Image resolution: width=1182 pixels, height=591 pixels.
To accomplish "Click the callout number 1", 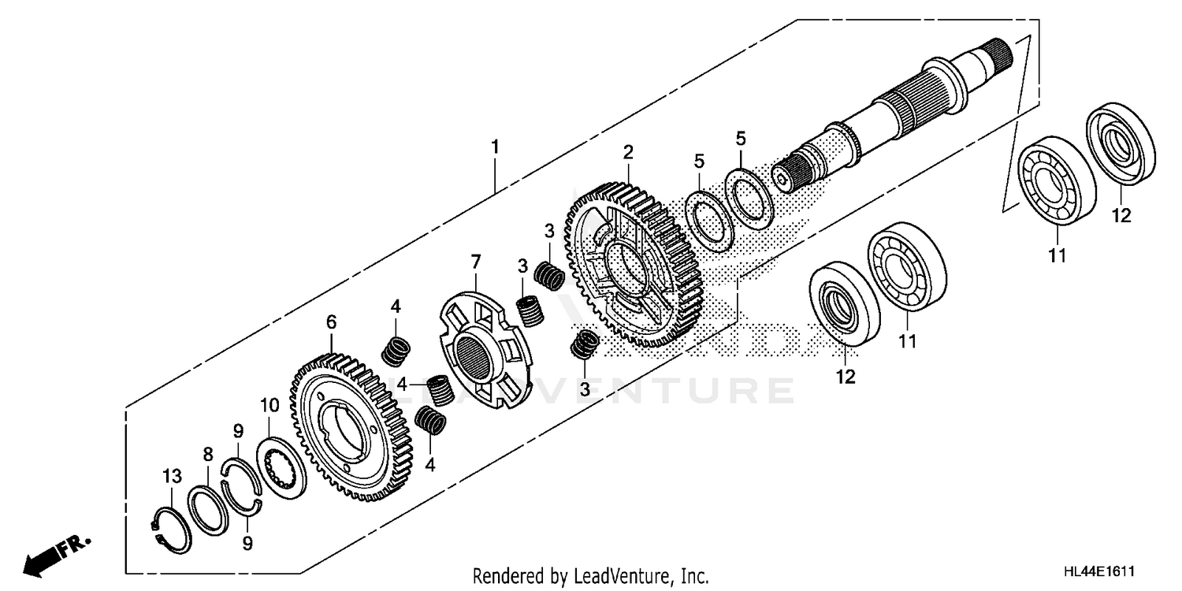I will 495,147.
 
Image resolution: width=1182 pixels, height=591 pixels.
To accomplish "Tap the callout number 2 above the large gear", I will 628,151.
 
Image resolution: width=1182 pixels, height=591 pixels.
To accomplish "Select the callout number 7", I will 475,261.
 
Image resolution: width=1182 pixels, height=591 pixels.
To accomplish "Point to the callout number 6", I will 331,322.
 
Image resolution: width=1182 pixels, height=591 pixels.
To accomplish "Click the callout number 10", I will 269,406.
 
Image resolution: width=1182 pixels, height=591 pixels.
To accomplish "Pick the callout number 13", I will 173,476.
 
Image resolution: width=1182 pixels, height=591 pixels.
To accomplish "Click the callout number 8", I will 208,454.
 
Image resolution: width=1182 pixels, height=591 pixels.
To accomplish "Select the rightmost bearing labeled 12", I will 1121,143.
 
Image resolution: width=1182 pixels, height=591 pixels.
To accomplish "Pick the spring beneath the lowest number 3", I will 584,344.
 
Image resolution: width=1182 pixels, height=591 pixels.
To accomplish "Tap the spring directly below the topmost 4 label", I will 396,351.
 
